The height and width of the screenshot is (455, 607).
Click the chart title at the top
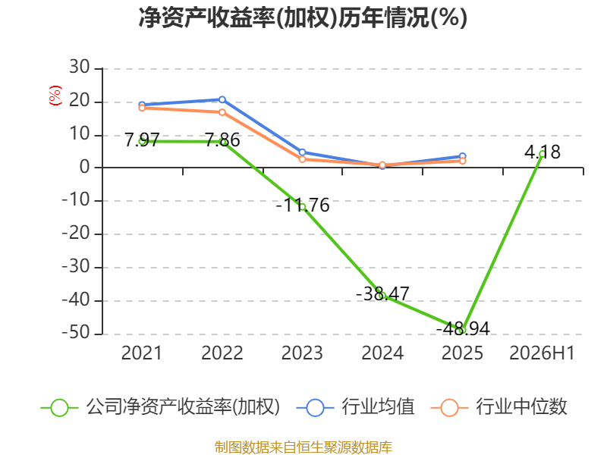click(303, 17)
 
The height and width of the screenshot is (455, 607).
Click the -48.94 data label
click(463, 329)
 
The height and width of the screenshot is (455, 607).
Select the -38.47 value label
click(382, 293)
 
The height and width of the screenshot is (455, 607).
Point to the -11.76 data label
click(302, 205)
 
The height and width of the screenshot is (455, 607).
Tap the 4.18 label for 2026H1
click(543, 152)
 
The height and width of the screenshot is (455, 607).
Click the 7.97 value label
click(142, 140)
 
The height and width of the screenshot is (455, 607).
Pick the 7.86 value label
click(222, 140)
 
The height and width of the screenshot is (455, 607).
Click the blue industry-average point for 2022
click(222, 100)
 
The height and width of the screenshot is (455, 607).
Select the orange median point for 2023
click(302, 159)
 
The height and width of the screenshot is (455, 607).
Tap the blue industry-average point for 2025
click(462, 156)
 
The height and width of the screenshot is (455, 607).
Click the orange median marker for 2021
click(142, 108)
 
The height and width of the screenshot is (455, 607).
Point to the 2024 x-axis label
click(382, 353)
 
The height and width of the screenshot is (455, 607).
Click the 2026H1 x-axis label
click(542, 353)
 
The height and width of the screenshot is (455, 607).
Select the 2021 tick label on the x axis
click(142, 353)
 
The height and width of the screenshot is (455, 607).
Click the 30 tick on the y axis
click(80, 67)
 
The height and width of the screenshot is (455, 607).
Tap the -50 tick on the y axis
click(76, 333)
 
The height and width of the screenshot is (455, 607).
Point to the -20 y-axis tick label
click(76, 234)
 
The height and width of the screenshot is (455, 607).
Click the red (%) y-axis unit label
click(55, 96)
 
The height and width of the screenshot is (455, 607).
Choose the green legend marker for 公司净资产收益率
click(60, 408)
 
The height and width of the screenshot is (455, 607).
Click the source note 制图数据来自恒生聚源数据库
click(303, 447)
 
